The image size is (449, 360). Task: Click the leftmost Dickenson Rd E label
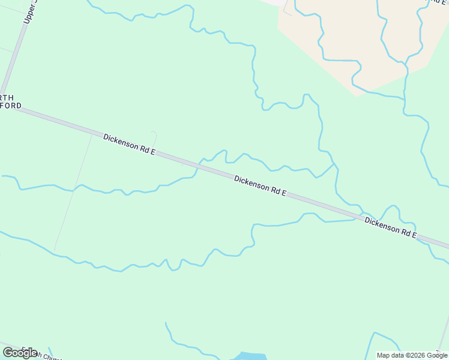[x=129, y=145]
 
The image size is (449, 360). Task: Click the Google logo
[x=20, y=352]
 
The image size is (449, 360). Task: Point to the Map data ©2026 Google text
[x=412, y=355]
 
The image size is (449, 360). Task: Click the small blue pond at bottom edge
[x=250, y=356]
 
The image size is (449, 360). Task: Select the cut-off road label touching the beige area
[x=437, y=2]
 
